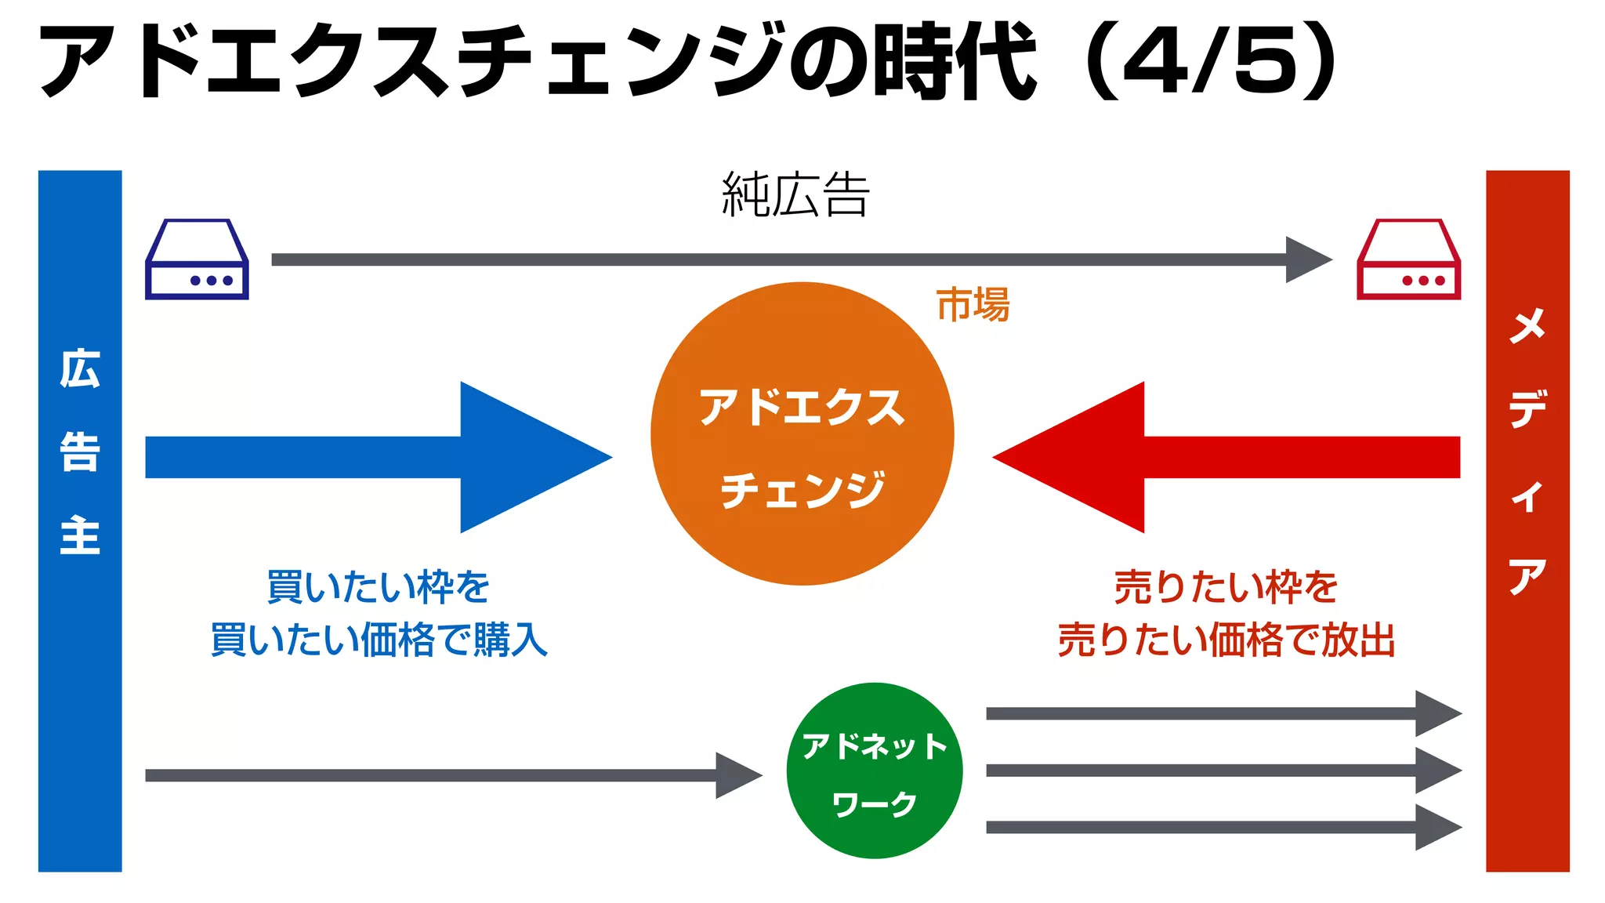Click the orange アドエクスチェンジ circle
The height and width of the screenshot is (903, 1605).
click(x=802, y=433)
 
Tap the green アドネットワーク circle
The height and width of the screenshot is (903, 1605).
click(x=874, y=771)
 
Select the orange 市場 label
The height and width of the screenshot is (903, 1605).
click(x=973, y=305)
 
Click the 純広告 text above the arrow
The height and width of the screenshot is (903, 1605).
click(x=795, y=195)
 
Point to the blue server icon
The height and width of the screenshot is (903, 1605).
click(x=197, y=259)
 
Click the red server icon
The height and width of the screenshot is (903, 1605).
click(x=1408, y=259)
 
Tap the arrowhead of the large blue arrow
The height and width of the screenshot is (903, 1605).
click(x=533, y=457)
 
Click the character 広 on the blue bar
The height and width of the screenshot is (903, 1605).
click(x=80, y=369)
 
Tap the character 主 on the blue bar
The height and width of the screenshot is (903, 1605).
click(x=80, y=535)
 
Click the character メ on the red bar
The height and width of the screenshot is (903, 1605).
click(x=1527, y=325)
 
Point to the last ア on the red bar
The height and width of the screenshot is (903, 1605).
click(x=1527, y=578)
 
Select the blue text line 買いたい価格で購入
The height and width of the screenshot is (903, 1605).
click(x=379, y=640)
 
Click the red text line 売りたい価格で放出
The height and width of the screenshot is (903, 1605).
click(x=1226, y=640)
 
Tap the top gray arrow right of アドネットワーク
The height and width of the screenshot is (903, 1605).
click(x=1223, y=713)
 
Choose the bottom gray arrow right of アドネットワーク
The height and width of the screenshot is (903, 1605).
click(x=1223, y=828)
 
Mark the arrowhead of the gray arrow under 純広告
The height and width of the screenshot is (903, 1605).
click(x=1307, y=259)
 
